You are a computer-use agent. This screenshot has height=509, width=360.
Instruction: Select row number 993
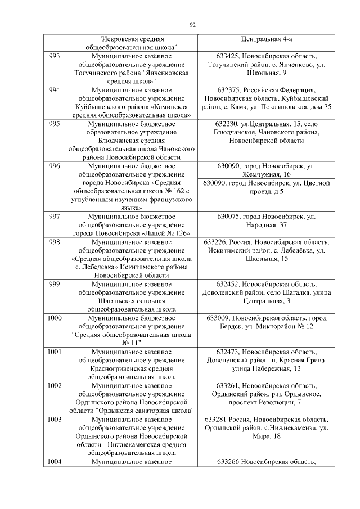tap(55, 57)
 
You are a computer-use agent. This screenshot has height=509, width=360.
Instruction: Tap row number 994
tap(55, 90)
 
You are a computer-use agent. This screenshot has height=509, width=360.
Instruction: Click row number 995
tap(55, 124)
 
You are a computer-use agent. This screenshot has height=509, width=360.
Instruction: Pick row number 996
tap(55, 166)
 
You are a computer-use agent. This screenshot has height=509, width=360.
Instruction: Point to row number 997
tap(55, 217)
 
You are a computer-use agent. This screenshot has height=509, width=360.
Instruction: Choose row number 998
tap(55, 242)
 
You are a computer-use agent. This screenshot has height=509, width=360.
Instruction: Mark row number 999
tap(55, 284)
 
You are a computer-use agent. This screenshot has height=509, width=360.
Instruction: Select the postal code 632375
tap(229, 90)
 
